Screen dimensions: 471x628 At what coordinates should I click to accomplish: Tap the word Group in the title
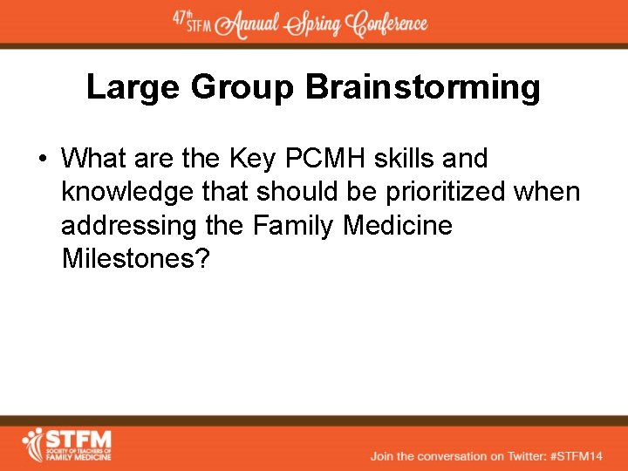coord(242,88)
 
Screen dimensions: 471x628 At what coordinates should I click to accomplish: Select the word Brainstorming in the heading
coord(423,88)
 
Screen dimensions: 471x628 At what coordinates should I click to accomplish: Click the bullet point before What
coord(41,159)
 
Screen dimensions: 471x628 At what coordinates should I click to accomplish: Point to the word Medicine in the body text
coord(398,225)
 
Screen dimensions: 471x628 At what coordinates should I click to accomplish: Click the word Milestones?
coord(136,258)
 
